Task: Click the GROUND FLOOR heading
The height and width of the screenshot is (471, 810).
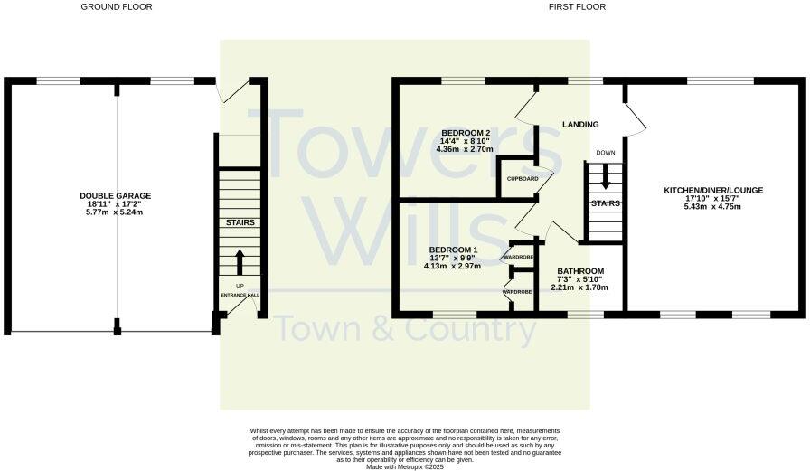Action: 117,6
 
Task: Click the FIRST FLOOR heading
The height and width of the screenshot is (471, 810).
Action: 577,6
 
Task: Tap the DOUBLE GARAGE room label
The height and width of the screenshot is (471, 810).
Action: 116,195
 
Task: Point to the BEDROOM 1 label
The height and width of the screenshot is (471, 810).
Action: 454,250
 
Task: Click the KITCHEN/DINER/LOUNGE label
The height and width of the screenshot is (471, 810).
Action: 714,190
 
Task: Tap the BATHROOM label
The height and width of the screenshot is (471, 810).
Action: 580,271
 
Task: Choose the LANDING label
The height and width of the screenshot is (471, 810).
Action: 581,125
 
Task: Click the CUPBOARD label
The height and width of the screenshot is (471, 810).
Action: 522,179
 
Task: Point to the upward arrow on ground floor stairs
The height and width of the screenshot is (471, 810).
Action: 240,261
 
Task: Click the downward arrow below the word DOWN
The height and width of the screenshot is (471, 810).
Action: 606,170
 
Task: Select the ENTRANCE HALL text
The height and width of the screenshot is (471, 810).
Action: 240,295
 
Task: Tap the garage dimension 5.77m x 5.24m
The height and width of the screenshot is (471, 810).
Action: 116,213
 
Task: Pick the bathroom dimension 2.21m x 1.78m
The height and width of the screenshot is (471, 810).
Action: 580,287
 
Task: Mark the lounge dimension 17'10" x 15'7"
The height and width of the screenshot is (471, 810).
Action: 714,199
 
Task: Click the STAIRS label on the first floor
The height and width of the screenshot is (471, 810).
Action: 606,203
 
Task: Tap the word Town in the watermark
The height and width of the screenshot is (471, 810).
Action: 316,330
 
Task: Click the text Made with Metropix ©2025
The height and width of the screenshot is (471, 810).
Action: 405,466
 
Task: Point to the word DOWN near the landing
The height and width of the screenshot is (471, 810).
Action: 606,153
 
